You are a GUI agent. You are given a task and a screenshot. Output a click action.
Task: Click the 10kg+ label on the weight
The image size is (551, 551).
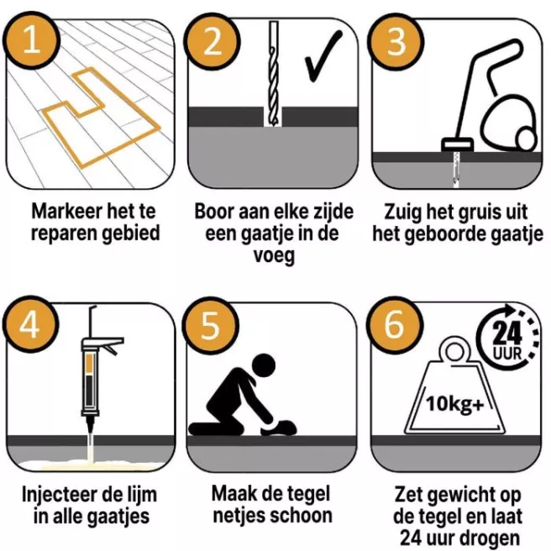[454, 404]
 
